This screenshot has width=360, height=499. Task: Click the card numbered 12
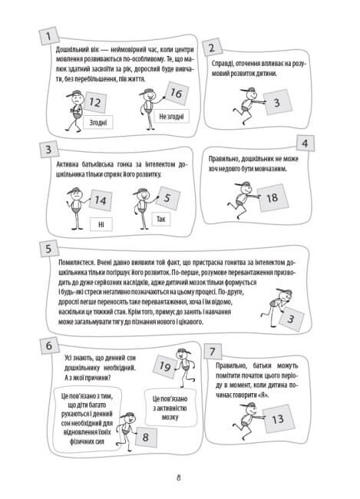point(94,102)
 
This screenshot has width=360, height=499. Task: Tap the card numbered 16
point(177,93)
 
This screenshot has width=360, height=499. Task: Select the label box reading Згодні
point(98,122)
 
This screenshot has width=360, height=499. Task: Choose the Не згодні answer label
point(171,117)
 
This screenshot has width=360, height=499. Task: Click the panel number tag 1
point(49,35)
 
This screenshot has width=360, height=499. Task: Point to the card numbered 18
point(272,198)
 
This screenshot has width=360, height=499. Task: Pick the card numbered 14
point(101,200)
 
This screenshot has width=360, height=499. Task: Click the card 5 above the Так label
point(167,198)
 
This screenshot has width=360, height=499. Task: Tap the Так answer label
point(161,219)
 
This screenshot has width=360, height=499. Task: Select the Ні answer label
point(101,224)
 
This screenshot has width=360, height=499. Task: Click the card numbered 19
point(165,366)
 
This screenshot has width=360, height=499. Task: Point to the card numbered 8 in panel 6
point(146,437)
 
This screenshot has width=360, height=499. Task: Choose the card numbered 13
point(278,419)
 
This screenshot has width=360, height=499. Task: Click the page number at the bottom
point(179,478)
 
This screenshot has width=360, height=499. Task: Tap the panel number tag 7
point(213,352)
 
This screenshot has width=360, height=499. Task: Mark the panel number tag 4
point(306,144)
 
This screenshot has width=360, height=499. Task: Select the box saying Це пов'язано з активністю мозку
point(170,408)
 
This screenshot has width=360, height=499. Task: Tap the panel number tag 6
point(49,345)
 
